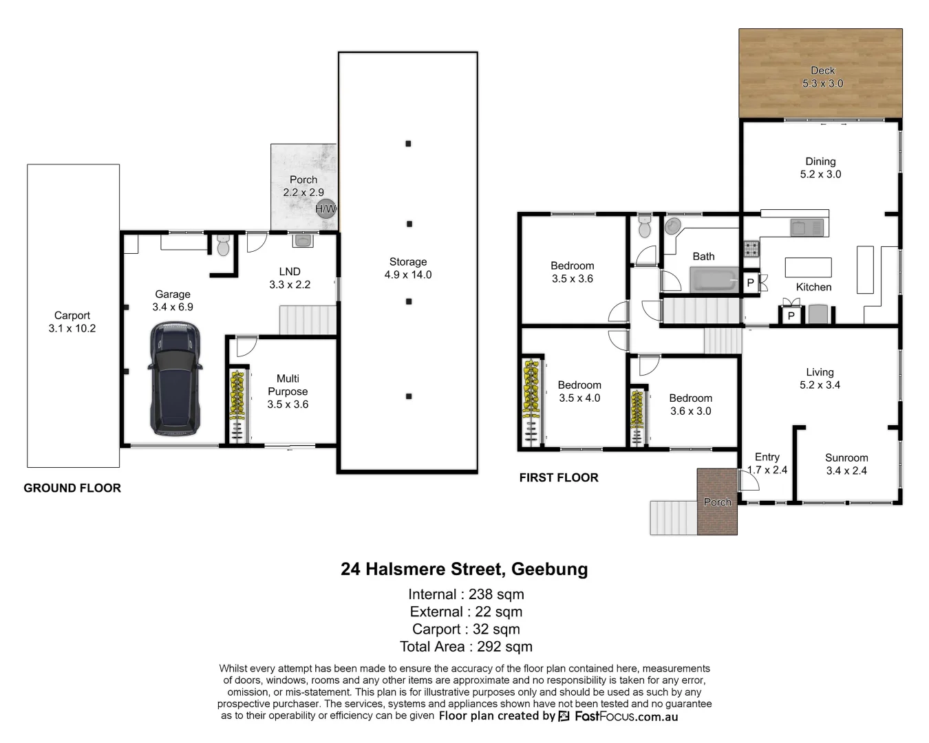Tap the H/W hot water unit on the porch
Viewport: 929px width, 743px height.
(325, 208)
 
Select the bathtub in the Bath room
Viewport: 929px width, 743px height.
(714, 281)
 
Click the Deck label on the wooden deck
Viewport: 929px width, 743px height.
(822, 70)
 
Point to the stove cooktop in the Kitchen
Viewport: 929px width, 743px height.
(751, 248)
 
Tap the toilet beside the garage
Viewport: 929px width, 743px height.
(223, 246)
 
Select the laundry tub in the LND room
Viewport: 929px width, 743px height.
(302, 241)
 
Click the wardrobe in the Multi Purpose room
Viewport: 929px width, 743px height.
(237, 407)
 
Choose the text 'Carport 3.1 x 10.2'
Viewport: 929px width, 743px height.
(72, 322)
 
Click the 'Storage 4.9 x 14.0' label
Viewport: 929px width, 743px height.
(408, 268)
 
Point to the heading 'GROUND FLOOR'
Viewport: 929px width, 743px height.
(72, 488)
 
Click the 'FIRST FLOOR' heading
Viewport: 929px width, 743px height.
(559, 477)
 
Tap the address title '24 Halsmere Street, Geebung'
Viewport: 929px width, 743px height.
(464, 569)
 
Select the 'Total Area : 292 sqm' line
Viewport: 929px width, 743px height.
(466, 647)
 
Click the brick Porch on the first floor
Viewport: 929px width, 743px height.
(717, 502)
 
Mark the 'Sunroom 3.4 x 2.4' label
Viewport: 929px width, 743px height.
(846, 464)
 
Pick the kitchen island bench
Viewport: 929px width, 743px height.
(808, 267)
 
